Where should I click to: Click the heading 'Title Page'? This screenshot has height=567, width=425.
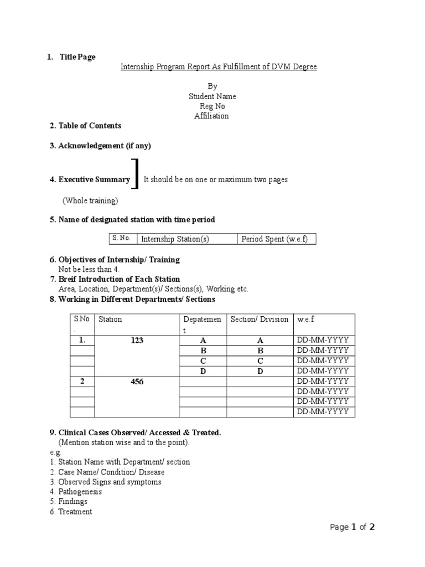(77, 57)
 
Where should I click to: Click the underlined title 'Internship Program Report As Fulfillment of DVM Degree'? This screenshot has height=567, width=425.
(219, 67)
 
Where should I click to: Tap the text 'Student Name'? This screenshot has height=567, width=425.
(212, 96)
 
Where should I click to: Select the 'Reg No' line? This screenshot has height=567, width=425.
(212, 106)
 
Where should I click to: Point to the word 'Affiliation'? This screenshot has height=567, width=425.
(211, 116)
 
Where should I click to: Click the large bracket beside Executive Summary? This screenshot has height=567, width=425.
(136, 173)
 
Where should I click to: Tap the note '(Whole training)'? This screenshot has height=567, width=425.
(90, 200)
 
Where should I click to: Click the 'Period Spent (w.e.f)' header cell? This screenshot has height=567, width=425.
(270, 239)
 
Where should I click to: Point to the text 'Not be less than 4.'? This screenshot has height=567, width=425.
(89, 269)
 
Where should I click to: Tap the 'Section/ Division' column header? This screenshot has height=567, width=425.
(260, 319)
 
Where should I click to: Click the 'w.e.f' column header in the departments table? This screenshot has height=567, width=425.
(305, 319)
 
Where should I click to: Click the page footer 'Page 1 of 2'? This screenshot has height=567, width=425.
(353, 527)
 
